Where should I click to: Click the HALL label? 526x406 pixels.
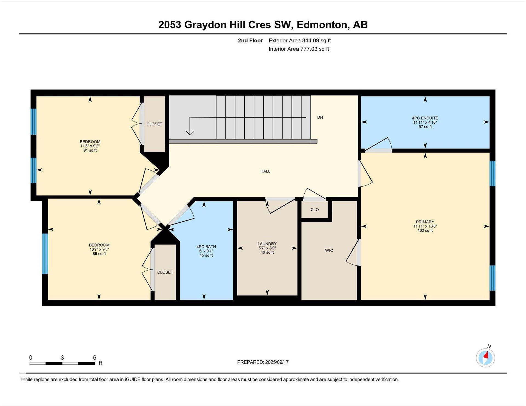(265, 171)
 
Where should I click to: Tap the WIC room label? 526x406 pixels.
(329, 251)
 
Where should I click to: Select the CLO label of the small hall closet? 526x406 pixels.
(315, 210)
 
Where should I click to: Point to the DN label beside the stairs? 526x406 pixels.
(320, 117)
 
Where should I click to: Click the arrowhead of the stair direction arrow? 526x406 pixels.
(190, 133)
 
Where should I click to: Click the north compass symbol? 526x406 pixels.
(485, 357)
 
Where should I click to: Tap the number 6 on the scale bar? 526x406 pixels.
(95, 358)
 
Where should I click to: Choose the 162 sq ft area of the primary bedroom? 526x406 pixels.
(425, 231)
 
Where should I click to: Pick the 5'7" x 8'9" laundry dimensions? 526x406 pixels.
(267, 248)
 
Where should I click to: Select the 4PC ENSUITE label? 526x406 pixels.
(425, 118)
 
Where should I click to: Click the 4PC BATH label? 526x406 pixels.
(206, 247)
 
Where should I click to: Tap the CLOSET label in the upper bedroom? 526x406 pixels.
(154, 124)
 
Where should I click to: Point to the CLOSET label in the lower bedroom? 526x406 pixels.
(165, 272)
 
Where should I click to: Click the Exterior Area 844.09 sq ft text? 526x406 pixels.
(300, 41)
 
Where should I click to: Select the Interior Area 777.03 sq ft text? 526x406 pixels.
(299, 49)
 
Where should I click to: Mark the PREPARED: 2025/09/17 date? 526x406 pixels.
(263, 362)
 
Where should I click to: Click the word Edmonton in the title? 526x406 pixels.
(322, 25)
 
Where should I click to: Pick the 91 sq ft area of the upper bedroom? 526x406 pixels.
(90, 150)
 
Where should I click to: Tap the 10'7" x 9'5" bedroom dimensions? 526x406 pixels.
(99, 250)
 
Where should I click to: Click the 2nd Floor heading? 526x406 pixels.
(250, 41)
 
